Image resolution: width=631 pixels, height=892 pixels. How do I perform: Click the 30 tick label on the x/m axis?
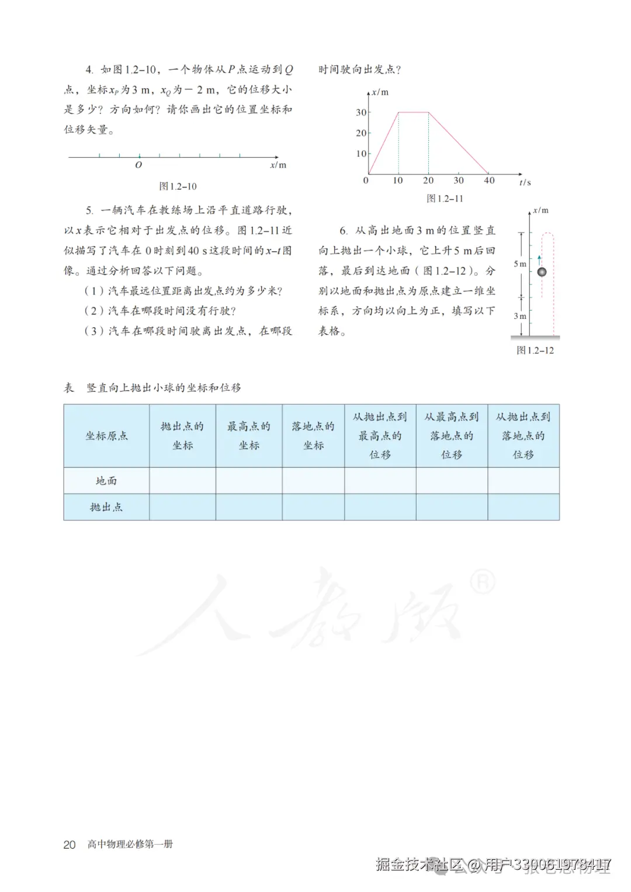(x=361, y=112)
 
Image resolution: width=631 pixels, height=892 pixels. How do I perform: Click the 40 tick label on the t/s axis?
(x=489, y=181)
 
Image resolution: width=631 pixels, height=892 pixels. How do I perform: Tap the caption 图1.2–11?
(x=445, y=199)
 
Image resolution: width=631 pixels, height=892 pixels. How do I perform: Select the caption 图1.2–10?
(x=178, y=186)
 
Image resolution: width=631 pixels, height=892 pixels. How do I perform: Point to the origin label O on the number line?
(x=138, y=165)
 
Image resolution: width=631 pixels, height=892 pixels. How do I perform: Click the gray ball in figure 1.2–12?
(x=542, y=272)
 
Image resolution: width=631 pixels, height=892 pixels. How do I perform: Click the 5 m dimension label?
(x=519, y=264)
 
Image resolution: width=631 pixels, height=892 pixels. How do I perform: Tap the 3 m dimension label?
(x=519, y=316)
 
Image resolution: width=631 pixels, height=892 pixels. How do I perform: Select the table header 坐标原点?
(x=106, y=436)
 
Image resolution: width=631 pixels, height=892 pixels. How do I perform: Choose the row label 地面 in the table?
(x=106, y=481)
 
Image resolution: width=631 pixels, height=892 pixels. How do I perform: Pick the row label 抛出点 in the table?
(x=106, y=507)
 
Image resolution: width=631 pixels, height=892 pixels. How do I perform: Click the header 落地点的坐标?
(x=313, y=436)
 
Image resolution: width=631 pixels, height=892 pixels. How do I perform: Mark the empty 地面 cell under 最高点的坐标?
(x=249, y=481)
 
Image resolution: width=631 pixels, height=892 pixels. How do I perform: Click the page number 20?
(x=70, y=845)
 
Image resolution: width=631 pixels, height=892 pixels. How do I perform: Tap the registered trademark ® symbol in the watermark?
(x=483, y=581)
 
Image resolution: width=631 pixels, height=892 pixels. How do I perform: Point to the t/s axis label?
(x=525, y=183)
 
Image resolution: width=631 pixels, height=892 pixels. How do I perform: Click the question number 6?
(x=344, y=231)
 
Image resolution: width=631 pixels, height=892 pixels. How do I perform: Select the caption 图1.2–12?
(x=535, y=350)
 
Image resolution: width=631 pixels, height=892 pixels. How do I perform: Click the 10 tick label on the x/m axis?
(x=361, y=154)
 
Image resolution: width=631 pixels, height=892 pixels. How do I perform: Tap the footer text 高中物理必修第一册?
(x=130, y=844)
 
